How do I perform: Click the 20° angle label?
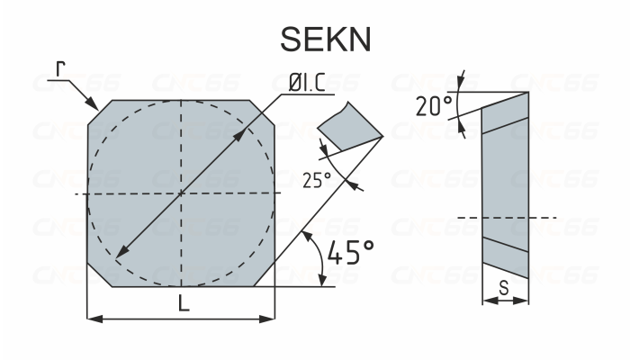[434, 106]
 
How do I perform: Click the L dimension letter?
[183, 305]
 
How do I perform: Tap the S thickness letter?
[505, 288]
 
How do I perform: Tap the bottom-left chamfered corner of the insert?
[99, 277]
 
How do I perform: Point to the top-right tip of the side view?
[527, 92]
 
